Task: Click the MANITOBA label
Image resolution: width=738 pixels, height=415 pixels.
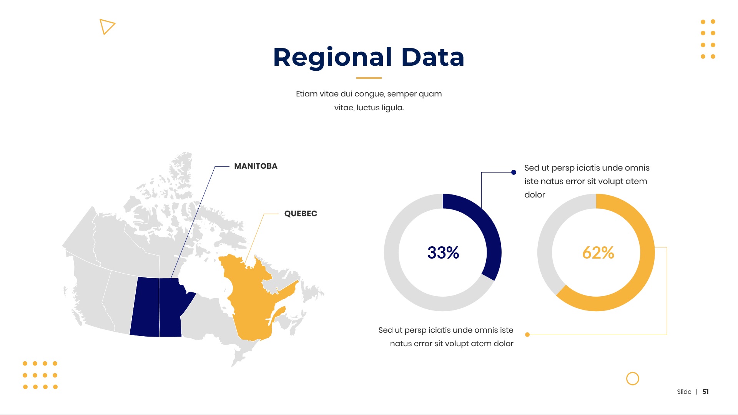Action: pos(256,166)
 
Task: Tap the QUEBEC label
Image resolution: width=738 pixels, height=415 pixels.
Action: pos(301,214)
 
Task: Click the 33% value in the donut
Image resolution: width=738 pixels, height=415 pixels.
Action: pos(443,252)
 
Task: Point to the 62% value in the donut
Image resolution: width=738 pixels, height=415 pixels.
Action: pos(598,252)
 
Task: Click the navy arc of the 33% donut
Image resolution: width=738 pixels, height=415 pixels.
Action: pos(493,238)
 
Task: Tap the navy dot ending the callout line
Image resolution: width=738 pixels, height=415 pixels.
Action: pos(514,172)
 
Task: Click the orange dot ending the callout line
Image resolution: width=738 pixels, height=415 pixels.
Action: pos(527,335)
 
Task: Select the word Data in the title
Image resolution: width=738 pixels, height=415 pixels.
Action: pos(433,57)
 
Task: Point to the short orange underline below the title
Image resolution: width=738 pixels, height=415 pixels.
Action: pos(369,78)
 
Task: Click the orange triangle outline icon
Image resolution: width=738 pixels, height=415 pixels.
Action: pos(107,26)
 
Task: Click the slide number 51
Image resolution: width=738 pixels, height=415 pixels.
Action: pos(706,392)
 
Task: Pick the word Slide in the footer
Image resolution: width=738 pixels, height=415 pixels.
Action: pos(684,392)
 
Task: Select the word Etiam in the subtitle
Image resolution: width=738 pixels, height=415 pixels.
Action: pos(307,94)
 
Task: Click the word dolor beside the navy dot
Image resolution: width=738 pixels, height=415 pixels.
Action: pos(535,195)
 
